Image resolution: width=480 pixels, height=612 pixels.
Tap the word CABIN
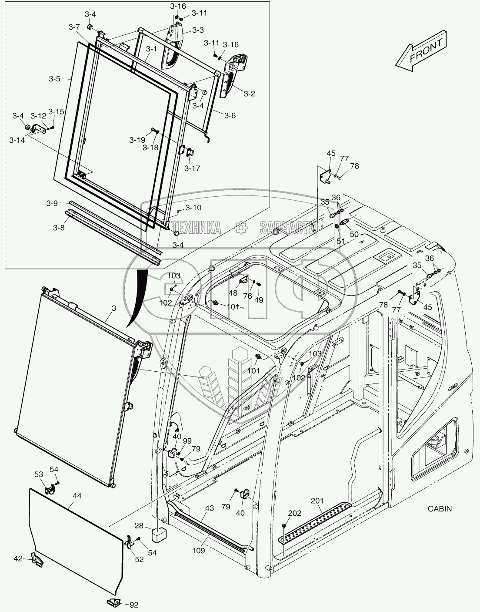[x=440, y=508]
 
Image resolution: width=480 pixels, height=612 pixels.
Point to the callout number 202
[x=295, y=513]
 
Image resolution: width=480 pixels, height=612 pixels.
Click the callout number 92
[x=134, y=604]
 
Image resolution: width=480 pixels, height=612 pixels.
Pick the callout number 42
[x=18, y=558]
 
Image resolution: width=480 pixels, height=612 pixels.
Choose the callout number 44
[x=77, y=496]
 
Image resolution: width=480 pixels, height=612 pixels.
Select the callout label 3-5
[x=55, y=79]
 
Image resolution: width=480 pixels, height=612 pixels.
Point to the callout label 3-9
[x=52, y=203]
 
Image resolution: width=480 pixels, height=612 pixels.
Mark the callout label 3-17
[x=192, y=168]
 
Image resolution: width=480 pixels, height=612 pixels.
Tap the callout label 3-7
[x=74, y=27]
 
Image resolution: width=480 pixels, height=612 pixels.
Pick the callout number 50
[x=354, y=234]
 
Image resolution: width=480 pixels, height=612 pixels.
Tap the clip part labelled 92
[x=114, y=602]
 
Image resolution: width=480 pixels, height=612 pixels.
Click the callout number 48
[x=233, y=293]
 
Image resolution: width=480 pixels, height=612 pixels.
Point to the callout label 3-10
[x=193, y=208]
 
